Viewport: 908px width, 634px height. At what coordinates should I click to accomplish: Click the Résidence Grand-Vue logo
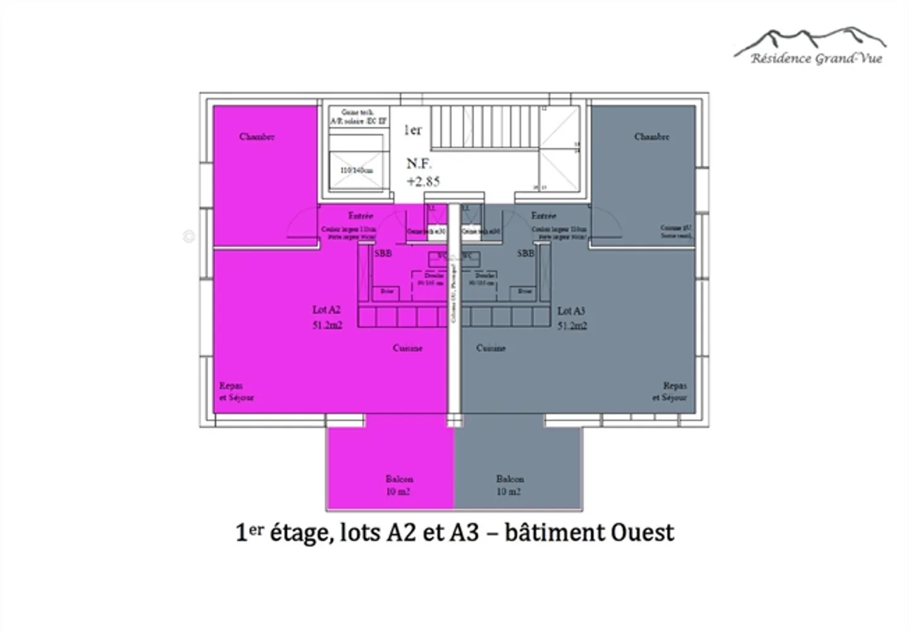812,47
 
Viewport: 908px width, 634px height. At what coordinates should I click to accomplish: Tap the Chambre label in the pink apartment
257,136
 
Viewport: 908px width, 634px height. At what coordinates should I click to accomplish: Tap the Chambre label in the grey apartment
651,136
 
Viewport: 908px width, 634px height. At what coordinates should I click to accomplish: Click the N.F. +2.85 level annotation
422,172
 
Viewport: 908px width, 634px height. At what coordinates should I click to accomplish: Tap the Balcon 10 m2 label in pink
399,485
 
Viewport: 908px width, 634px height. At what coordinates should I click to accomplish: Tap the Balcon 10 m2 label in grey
509,485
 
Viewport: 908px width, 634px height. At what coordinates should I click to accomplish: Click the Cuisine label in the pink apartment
407,348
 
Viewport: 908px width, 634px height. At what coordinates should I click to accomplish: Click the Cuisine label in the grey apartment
491,348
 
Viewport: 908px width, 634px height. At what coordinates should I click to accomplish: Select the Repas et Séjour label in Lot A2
236,391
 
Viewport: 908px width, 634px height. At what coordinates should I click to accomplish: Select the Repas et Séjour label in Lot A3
670,391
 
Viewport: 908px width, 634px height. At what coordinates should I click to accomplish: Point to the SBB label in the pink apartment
383,253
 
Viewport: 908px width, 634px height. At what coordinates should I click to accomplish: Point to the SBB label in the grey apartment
525,253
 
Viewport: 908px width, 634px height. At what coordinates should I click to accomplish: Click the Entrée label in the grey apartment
544,216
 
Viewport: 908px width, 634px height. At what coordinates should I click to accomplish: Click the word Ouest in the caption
643,532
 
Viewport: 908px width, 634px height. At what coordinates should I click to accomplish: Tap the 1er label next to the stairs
412,130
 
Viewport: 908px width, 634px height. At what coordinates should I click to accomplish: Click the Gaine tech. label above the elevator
358,112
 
